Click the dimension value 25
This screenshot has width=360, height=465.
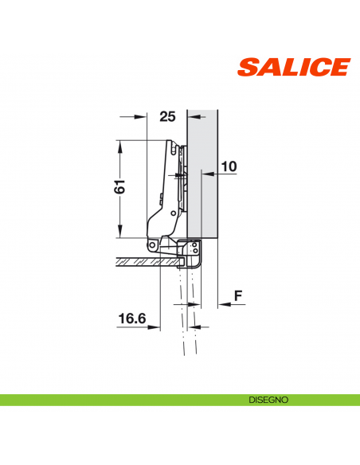click(x=166, y=116)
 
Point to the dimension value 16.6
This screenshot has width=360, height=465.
click(x=132, y=318)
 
